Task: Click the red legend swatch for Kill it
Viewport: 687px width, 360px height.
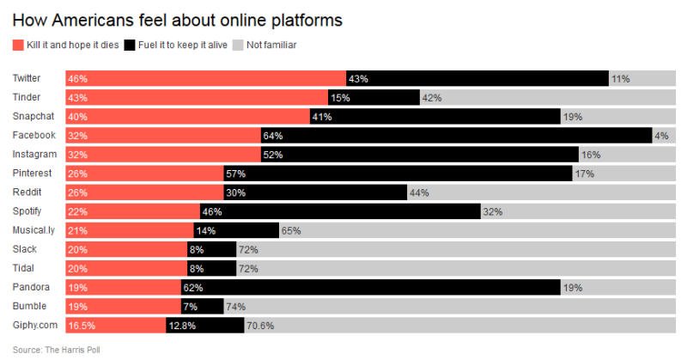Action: tap(18, 45)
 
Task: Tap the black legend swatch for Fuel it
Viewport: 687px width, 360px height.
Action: tap(130, 45)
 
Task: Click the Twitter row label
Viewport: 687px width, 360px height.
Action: tap(27, 78)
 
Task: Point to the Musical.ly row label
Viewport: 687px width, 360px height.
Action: tap(33, 230)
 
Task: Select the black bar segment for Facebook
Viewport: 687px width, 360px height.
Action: tap(456, 136)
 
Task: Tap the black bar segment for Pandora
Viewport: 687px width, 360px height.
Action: tap(369, 287)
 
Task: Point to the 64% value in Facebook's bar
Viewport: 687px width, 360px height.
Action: tap(273, 136)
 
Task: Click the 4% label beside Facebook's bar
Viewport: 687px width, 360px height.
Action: tap(661, 136)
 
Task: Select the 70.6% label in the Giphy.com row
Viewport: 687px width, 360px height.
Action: tap(260, 326)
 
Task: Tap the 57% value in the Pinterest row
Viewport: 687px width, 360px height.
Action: tap(235, 174)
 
